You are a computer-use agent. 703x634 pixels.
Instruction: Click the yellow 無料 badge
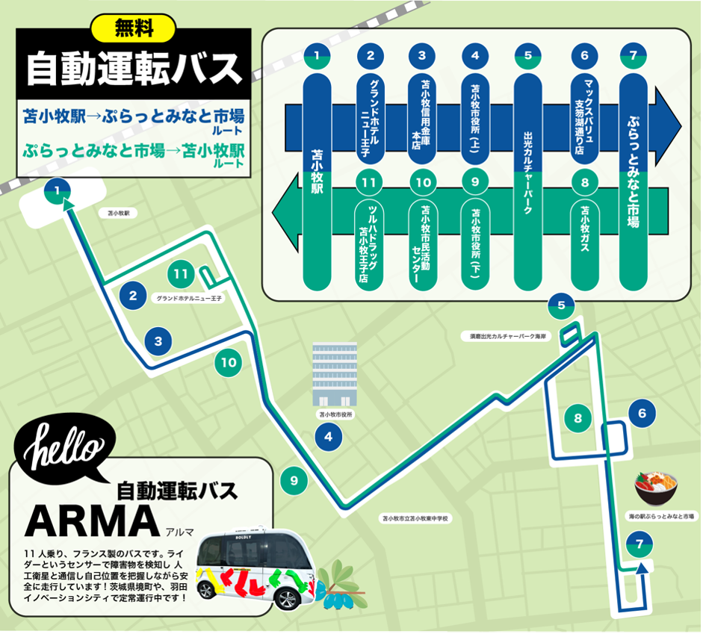[133, 29]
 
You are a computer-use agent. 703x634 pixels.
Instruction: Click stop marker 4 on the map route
[328, 438]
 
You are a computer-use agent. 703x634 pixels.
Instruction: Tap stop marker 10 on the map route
[229, 364]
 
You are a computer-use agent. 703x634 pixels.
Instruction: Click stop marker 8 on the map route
[577, 418]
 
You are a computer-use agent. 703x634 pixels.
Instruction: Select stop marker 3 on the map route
[158, 342]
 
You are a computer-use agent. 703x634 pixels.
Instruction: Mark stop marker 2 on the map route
[133, 296]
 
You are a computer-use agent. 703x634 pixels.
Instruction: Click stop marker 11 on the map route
[181, 274]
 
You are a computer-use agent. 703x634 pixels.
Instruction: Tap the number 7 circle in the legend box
[633, 55]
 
